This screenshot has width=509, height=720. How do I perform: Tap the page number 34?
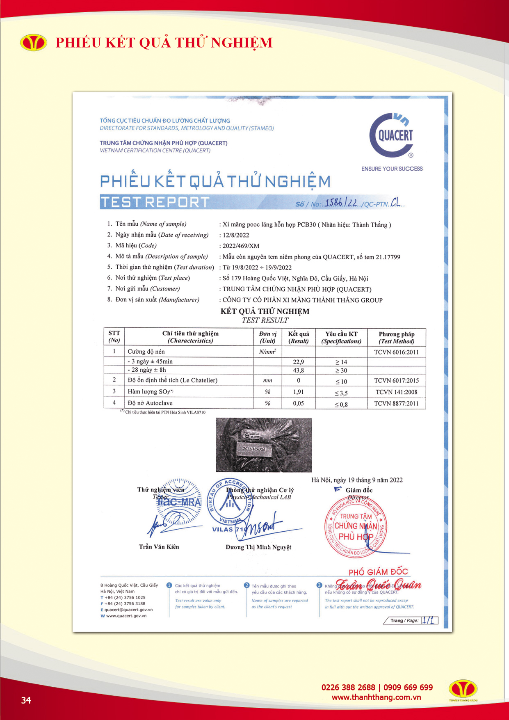(x=26, y=700)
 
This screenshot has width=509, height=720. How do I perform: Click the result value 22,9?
(x=299, y=362)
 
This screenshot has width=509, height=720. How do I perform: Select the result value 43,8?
(x=299, y=370)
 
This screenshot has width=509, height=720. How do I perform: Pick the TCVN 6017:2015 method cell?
(x=396, y=381)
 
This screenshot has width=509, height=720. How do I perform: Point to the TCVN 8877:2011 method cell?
(x=396, y=404)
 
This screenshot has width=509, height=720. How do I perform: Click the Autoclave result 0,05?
(x=299, y=404)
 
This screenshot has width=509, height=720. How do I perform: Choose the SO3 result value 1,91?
(x=299, y=392)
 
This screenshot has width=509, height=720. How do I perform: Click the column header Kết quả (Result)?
(x=299, y=337)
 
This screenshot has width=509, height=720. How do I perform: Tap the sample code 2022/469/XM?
(x=241, y=246)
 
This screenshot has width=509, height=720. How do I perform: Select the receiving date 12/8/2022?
(x=236, y=235)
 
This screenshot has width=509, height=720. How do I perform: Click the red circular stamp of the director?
(x=355, y=527)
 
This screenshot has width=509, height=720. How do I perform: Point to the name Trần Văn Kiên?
(x=159, y=547)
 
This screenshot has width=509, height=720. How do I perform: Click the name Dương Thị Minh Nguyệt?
(x=258, y=547)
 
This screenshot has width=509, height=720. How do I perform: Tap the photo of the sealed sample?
(x=264, y=445)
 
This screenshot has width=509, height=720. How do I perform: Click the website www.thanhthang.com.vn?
(x=376, y=697)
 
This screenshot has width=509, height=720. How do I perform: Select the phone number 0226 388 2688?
(x=348, y=688)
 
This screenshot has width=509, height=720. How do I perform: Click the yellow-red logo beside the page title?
(x=34, y=43)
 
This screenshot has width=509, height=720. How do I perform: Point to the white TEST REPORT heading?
(x=155, y=202)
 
